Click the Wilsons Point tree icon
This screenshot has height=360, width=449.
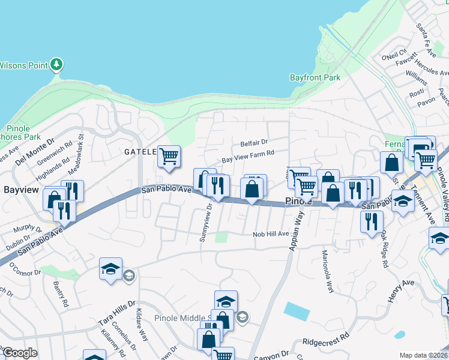[x=56, y=64]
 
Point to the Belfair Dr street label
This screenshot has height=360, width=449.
[x=254, y=143]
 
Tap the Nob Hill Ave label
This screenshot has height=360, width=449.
[x=271, y=235]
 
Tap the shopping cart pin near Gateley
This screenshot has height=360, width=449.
[x=169, y=157]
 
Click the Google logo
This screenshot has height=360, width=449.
[x=20, y=353]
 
